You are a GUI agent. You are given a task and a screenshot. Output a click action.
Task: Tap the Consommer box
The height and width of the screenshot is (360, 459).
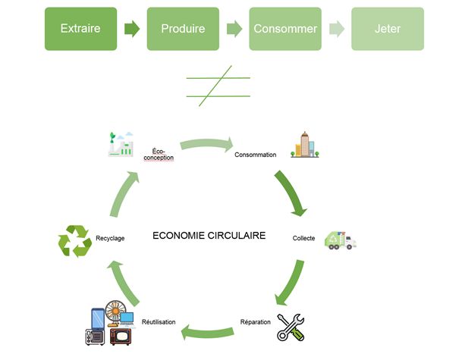286,29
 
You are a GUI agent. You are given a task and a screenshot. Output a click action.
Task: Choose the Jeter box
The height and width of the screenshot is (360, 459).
387,29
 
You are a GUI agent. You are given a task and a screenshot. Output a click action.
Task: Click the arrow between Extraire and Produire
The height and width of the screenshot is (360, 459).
133,29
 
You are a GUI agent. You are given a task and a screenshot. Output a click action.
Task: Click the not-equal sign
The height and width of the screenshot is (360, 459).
218,86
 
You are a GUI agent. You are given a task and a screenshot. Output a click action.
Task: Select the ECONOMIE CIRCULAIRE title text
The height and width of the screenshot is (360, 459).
209,236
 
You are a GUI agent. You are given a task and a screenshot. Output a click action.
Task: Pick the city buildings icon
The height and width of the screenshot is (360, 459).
304,144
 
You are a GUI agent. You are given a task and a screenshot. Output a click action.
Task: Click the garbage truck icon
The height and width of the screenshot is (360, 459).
339,239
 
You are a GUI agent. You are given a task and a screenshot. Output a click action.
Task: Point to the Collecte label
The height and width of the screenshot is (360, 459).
303,238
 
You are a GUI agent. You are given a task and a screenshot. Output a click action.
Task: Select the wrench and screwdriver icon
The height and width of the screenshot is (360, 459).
294,325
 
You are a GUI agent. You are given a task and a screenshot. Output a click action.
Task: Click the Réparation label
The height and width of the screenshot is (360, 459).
255,322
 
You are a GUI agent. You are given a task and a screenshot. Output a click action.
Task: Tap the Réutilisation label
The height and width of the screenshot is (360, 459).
159,322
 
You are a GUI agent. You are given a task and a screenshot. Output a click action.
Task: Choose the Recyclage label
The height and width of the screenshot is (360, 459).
110,238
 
